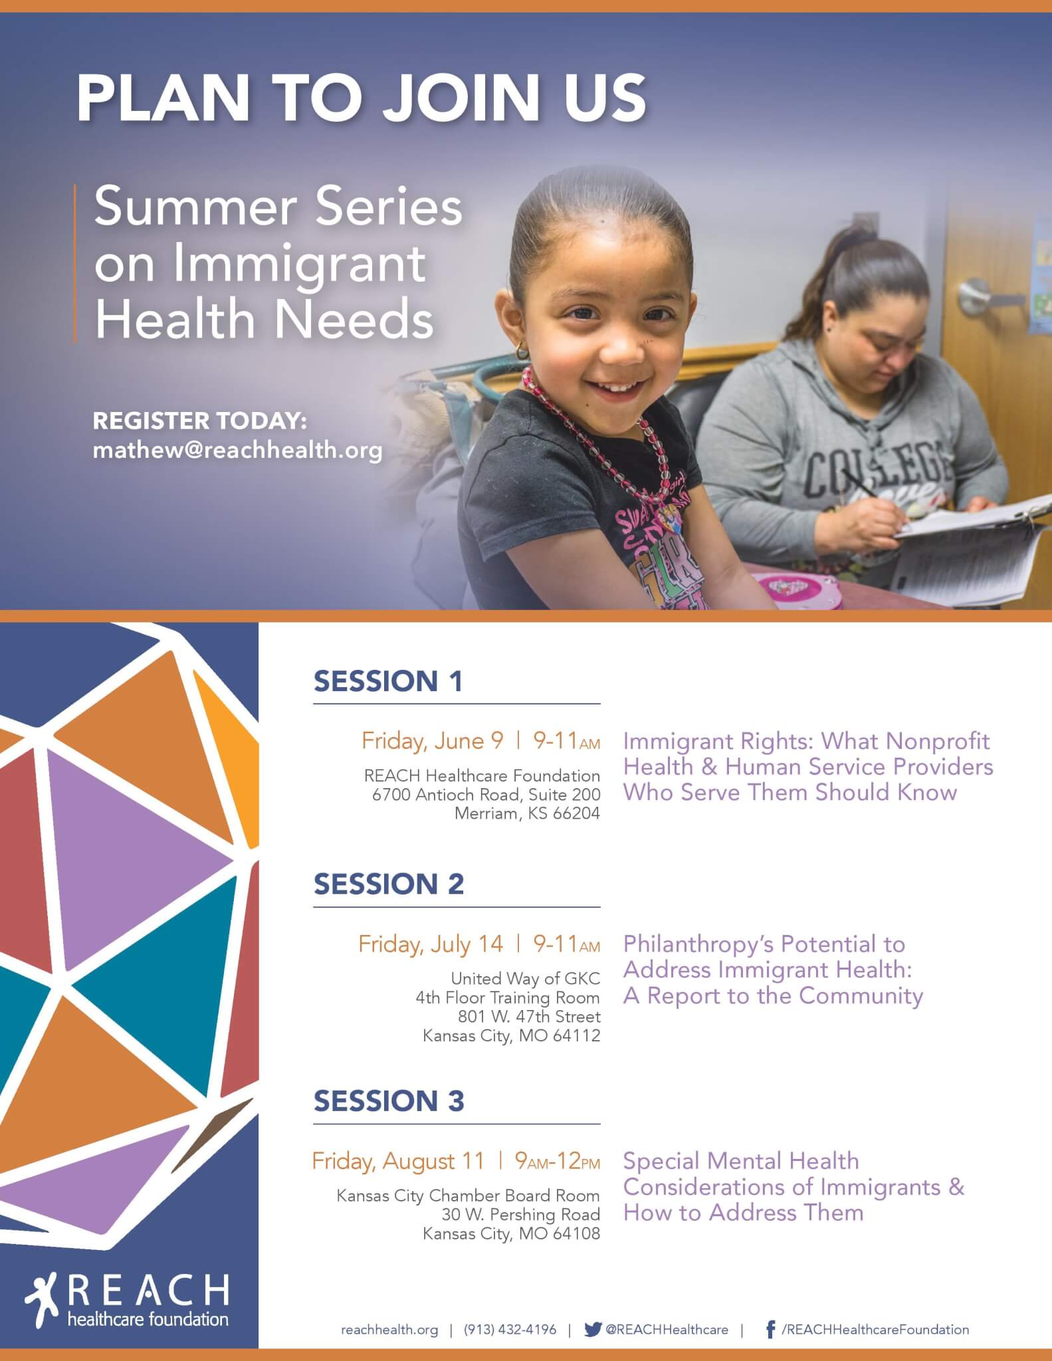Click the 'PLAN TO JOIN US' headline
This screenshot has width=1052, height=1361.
point(361,98)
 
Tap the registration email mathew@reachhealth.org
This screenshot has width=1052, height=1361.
point(237,451)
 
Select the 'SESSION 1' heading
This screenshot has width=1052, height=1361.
point(388,681)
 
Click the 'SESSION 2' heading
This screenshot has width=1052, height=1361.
point(389,884)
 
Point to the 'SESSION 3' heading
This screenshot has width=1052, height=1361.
point(389,1100)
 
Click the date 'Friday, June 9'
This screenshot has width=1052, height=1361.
point(433,741)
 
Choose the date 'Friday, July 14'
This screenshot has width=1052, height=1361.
point(431,944)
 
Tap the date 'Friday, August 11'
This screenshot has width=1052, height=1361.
point(399,1161)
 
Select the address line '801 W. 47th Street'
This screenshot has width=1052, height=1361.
point(529,1016)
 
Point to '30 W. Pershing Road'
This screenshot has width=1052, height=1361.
point(521,1214)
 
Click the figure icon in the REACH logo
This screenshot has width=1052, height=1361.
point(44,1295)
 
